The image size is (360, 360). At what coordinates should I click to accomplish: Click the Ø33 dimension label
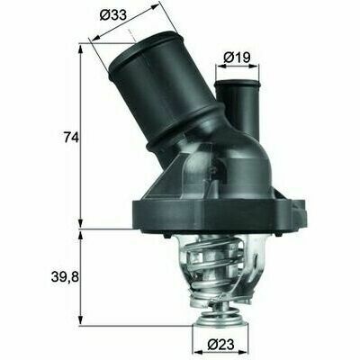click(112, 14)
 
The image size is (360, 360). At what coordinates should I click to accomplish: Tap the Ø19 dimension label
click(237, 57)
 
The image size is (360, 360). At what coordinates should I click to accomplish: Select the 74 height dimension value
click(71, 138)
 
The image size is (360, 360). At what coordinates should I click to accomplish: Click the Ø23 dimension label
click(221, 345)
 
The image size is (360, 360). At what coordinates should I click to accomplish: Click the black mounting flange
click(219, 214)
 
